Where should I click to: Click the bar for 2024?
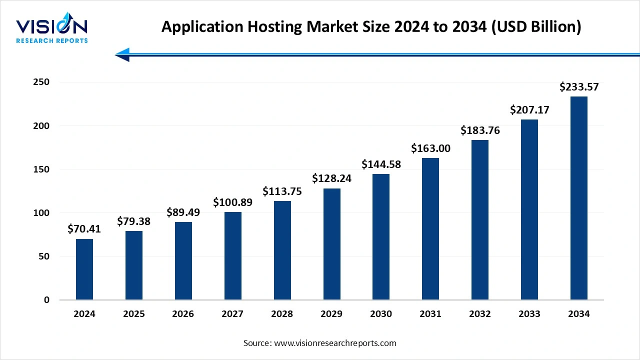point(84,269)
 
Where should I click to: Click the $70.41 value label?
point(84,229)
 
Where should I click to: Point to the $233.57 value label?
point(578,87)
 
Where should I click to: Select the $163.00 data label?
point(430,148)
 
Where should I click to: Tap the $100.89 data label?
point(232,202)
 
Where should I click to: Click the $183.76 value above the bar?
point(480,130)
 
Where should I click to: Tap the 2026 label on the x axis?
point(183,314)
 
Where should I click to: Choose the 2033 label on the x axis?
point(529,314)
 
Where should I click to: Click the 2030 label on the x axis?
point(381,314)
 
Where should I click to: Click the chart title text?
point(371,27)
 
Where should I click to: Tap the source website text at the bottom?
point(319,343)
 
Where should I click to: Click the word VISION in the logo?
point(51,26)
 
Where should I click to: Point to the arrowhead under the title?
point(122,54)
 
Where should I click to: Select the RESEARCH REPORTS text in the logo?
point(51,40)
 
